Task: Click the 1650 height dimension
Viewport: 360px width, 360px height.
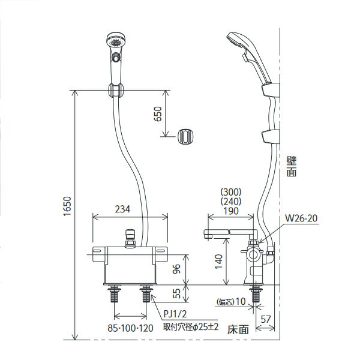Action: click(x=67, y=206)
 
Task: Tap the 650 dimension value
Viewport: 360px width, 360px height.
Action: click(x=158, y=113)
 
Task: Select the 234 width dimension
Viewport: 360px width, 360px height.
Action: click(x=122, y=209)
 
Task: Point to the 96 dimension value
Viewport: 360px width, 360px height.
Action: click(x=176, y=269)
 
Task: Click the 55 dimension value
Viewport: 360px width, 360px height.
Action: click(x=176, y=293)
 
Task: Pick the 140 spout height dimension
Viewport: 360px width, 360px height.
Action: click(x=218, y=262)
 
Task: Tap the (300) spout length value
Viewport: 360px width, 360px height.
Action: click(x=231, y=191)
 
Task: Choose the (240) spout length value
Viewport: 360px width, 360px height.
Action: click(x=231, y=202)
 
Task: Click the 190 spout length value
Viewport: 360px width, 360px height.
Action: click(x=231, y=211)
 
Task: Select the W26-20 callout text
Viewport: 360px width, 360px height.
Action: click(x=301, y=218)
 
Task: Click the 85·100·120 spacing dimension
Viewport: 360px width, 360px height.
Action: click(x=130, y=328)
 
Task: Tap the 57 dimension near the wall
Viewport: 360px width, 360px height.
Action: click(x=266, y=319)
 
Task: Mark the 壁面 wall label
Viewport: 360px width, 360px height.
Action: click(x=292, y=166)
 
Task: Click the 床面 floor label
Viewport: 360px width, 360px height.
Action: click(x=238, y=329)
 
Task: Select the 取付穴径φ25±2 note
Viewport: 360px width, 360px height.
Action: click(x=191, y=327)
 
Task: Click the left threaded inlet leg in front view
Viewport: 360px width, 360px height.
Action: click(x=115, y=293)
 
